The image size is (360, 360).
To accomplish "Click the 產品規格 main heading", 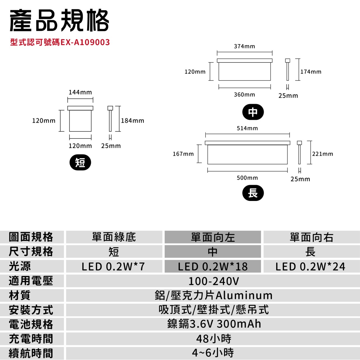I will [59, 20].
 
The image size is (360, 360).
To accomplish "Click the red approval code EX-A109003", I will [60, 42].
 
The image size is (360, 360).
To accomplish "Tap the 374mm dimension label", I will [244, 46].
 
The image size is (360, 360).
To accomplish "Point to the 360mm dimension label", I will [244, 95].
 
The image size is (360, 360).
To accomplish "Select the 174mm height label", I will [311, 72].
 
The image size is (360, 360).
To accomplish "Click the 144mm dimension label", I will [80, 92].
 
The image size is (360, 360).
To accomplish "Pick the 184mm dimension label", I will [132, 121].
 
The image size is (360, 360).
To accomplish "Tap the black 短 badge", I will [80, 162].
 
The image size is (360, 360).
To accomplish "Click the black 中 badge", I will [253, 112].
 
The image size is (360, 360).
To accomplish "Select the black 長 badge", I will [253, 193].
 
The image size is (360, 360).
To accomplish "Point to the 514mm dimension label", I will [247, 128].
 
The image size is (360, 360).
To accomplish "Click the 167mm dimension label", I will [183, 154].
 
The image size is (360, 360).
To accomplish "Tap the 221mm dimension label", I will [323, 154].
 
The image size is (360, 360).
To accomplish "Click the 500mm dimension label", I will [247, 178].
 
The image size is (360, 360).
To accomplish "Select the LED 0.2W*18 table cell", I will [213, 266].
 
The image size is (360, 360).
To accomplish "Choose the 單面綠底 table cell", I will [114, 237].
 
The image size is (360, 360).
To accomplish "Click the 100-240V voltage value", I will [213, 281].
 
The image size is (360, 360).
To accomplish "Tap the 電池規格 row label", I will [31, 324].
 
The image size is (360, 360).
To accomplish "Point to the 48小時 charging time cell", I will [213, 339].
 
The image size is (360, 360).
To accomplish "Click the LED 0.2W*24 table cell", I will [310, 266].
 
